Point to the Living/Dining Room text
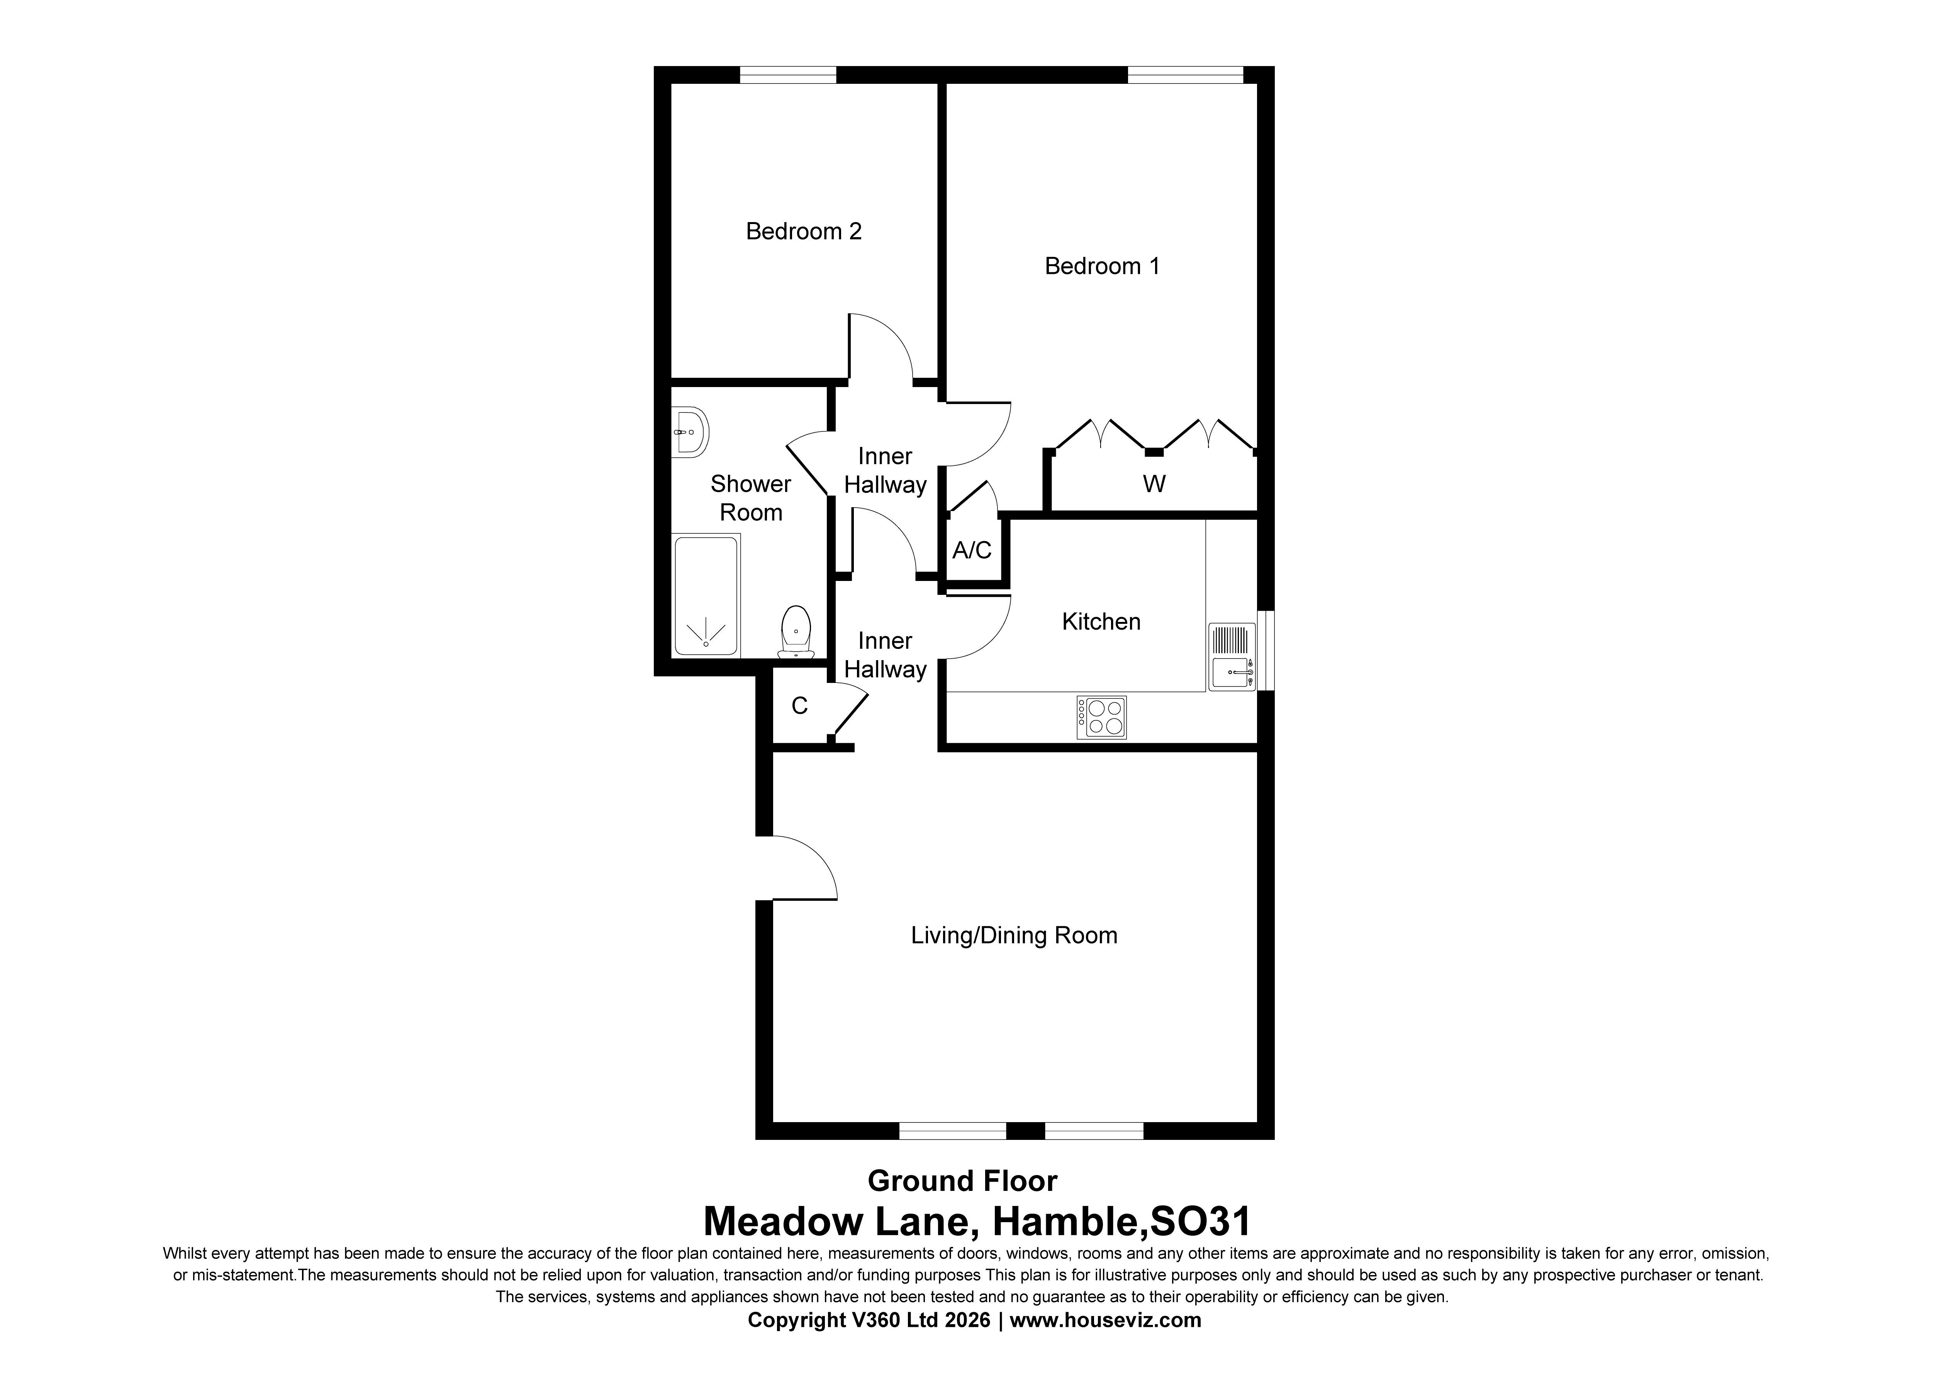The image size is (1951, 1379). (x=1014, y=935)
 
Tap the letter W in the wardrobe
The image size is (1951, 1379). (x=1154, y=484)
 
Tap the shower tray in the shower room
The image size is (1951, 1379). (x=706, y=595)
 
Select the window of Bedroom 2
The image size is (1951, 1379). (x=788, y=75)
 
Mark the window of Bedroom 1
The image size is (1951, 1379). (x=1185, y=75)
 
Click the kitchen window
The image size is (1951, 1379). (x=1265, y=650)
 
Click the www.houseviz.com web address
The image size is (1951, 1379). (x=1106, y=1320)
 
